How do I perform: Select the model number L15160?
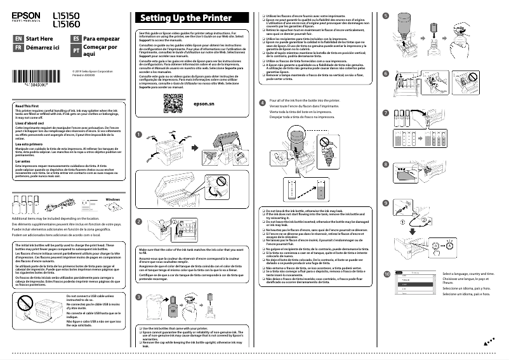click(x=66, y=24)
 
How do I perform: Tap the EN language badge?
click(x=18, y=39)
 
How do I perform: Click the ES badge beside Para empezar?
click(x=76, y=39)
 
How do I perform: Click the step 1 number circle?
click(x=139, y=134)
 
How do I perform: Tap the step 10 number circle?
click(x=387, y=274)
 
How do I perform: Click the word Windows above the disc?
click(x=113, y=199)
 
